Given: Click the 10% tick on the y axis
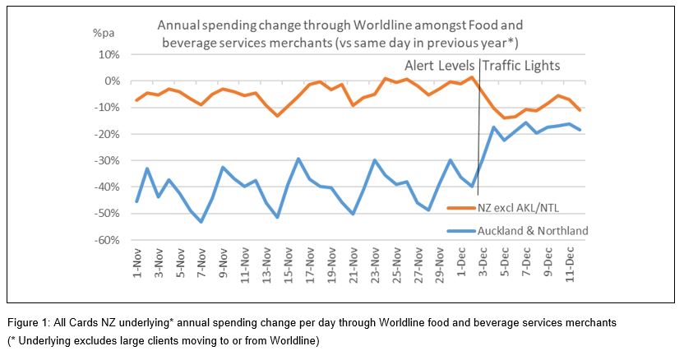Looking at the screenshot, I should pos(109,55).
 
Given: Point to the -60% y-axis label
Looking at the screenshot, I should pos(108,241).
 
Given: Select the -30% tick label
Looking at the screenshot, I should pos(108,161).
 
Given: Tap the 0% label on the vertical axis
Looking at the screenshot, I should pos(112,81).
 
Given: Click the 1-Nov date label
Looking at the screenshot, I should pos(137,264).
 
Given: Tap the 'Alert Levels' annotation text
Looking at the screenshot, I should pos(440,66).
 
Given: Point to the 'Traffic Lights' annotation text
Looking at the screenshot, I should pos(521,66).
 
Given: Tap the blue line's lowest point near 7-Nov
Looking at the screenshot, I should pos(201,222).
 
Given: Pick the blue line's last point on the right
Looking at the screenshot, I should pos(580,130).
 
